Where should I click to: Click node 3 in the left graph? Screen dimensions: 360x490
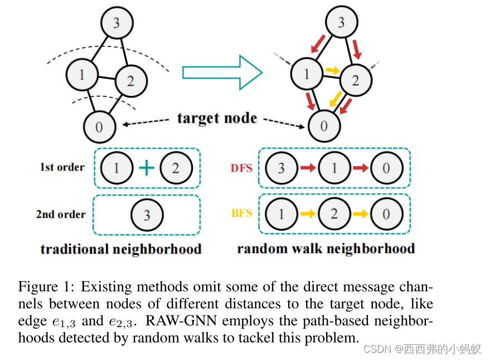point(116,23)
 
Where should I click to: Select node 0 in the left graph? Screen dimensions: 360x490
point(99,127)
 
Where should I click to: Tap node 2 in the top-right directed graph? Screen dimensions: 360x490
point(355,81)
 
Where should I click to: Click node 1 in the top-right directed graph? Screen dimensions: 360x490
point(306,74)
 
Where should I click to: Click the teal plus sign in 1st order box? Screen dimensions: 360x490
point(146,168)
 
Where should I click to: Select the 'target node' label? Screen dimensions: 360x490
point(217,118)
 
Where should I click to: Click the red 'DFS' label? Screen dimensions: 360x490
point(241,168)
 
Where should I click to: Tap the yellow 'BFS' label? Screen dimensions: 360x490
point(241,213)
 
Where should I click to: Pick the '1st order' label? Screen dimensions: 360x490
point(62,167)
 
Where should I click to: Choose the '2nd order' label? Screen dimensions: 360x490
point(61,214)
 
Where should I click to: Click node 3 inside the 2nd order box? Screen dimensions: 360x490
point(147,215)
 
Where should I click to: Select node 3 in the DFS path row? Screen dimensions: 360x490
point(281,168)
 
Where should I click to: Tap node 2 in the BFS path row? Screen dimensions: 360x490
point(334,213)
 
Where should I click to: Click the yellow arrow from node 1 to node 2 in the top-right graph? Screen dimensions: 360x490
point(332,70)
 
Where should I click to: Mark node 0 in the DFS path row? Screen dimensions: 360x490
point(386,168)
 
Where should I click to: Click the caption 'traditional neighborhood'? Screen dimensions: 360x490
point(121,249)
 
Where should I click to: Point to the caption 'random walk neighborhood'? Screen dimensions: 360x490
point(326,249)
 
